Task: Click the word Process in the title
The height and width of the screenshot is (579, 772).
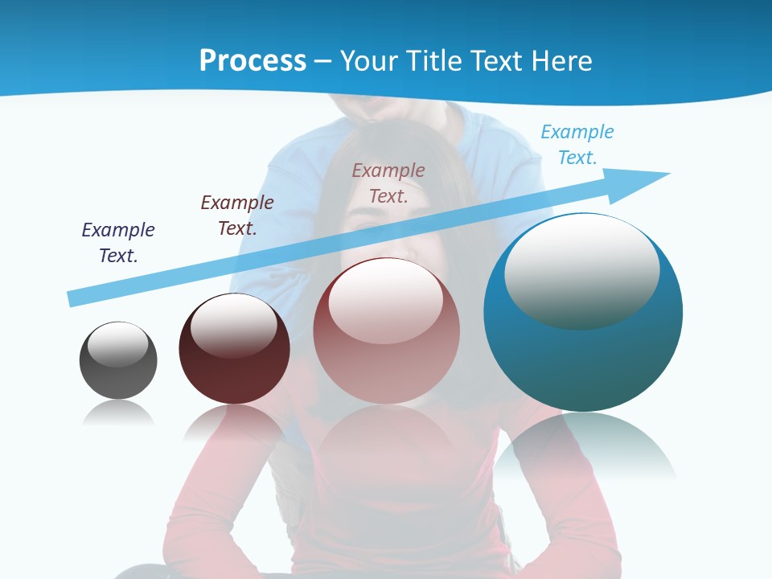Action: (x=253, y=61)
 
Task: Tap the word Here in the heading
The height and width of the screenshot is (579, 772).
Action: (x=561, y=61)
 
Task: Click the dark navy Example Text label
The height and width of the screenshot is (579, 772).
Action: (x=118, y=243)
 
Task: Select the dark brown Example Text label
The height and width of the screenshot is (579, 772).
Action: (x=237, y=216)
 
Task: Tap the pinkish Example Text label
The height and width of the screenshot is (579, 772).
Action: (x=388, y=183)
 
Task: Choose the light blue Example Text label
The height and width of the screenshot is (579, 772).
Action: (x=577, y=145)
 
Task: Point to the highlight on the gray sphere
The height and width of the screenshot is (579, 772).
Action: (x=118, y=344)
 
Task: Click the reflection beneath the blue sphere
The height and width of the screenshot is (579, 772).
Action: (x=585, y=446)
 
